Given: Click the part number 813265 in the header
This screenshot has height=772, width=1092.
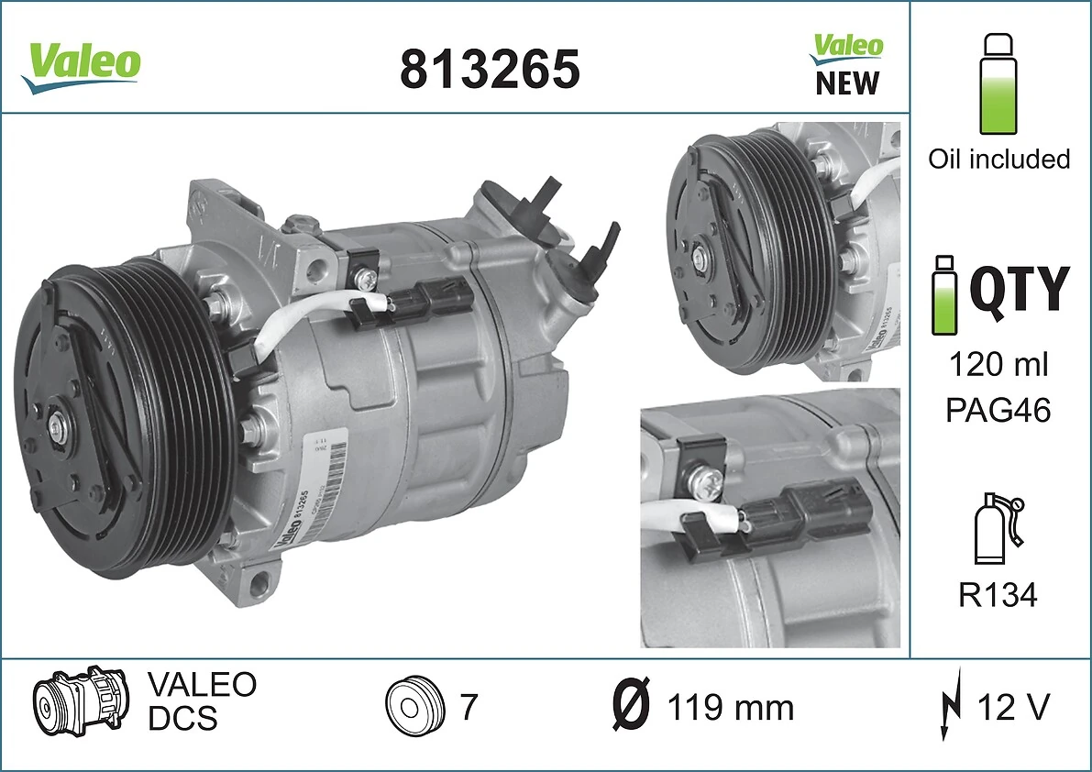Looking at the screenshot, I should point(490,68).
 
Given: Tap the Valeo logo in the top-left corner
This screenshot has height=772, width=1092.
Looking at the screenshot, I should point(82,65).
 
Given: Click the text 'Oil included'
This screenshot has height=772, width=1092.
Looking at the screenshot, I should point(998,160).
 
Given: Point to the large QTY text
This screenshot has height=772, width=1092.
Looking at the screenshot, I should point(1019,288).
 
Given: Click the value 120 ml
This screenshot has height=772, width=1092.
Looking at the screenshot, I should point(998,365).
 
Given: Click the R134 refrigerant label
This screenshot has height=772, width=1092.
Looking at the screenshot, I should point(998,596).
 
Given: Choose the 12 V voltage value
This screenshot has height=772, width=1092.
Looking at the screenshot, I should point(1013,708).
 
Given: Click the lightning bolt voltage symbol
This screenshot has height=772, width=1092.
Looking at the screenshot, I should point(951,708).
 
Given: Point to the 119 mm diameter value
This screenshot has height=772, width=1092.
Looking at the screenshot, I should point(730,708).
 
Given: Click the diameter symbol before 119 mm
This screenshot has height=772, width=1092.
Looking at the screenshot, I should point(631,708).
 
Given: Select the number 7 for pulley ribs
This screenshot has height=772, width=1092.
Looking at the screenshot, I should point(468,707).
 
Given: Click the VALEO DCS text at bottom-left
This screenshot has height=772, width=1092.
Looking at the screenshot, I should point(202,701).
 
